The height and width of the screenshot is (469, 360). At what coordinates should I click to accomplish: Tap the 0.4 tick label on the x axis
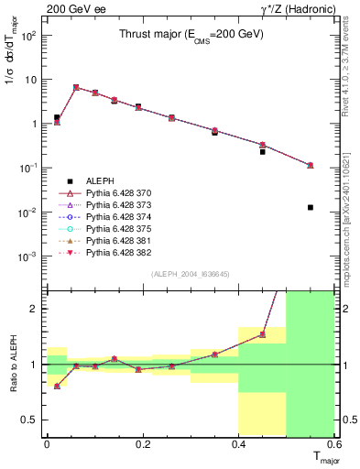240,444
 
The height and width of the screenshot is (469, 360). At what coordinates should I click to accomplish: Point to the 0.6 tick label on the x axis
336,444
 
